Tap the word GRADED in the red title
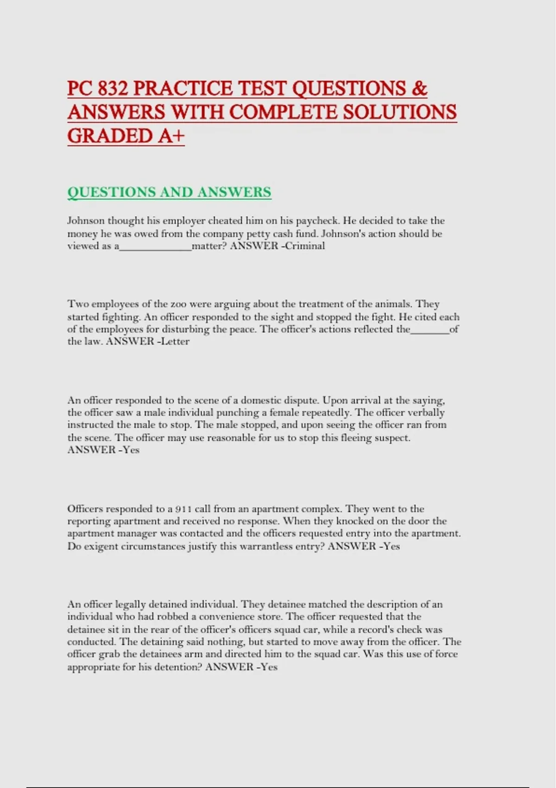pos(110,136)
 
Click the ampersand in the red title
pos(419,89)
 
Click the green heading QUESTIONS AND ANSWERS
pos(169,192)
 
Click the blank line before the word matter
pos(156,247)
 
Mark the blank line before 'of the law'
pos(430,330)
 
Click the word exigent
pos(101,547)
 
